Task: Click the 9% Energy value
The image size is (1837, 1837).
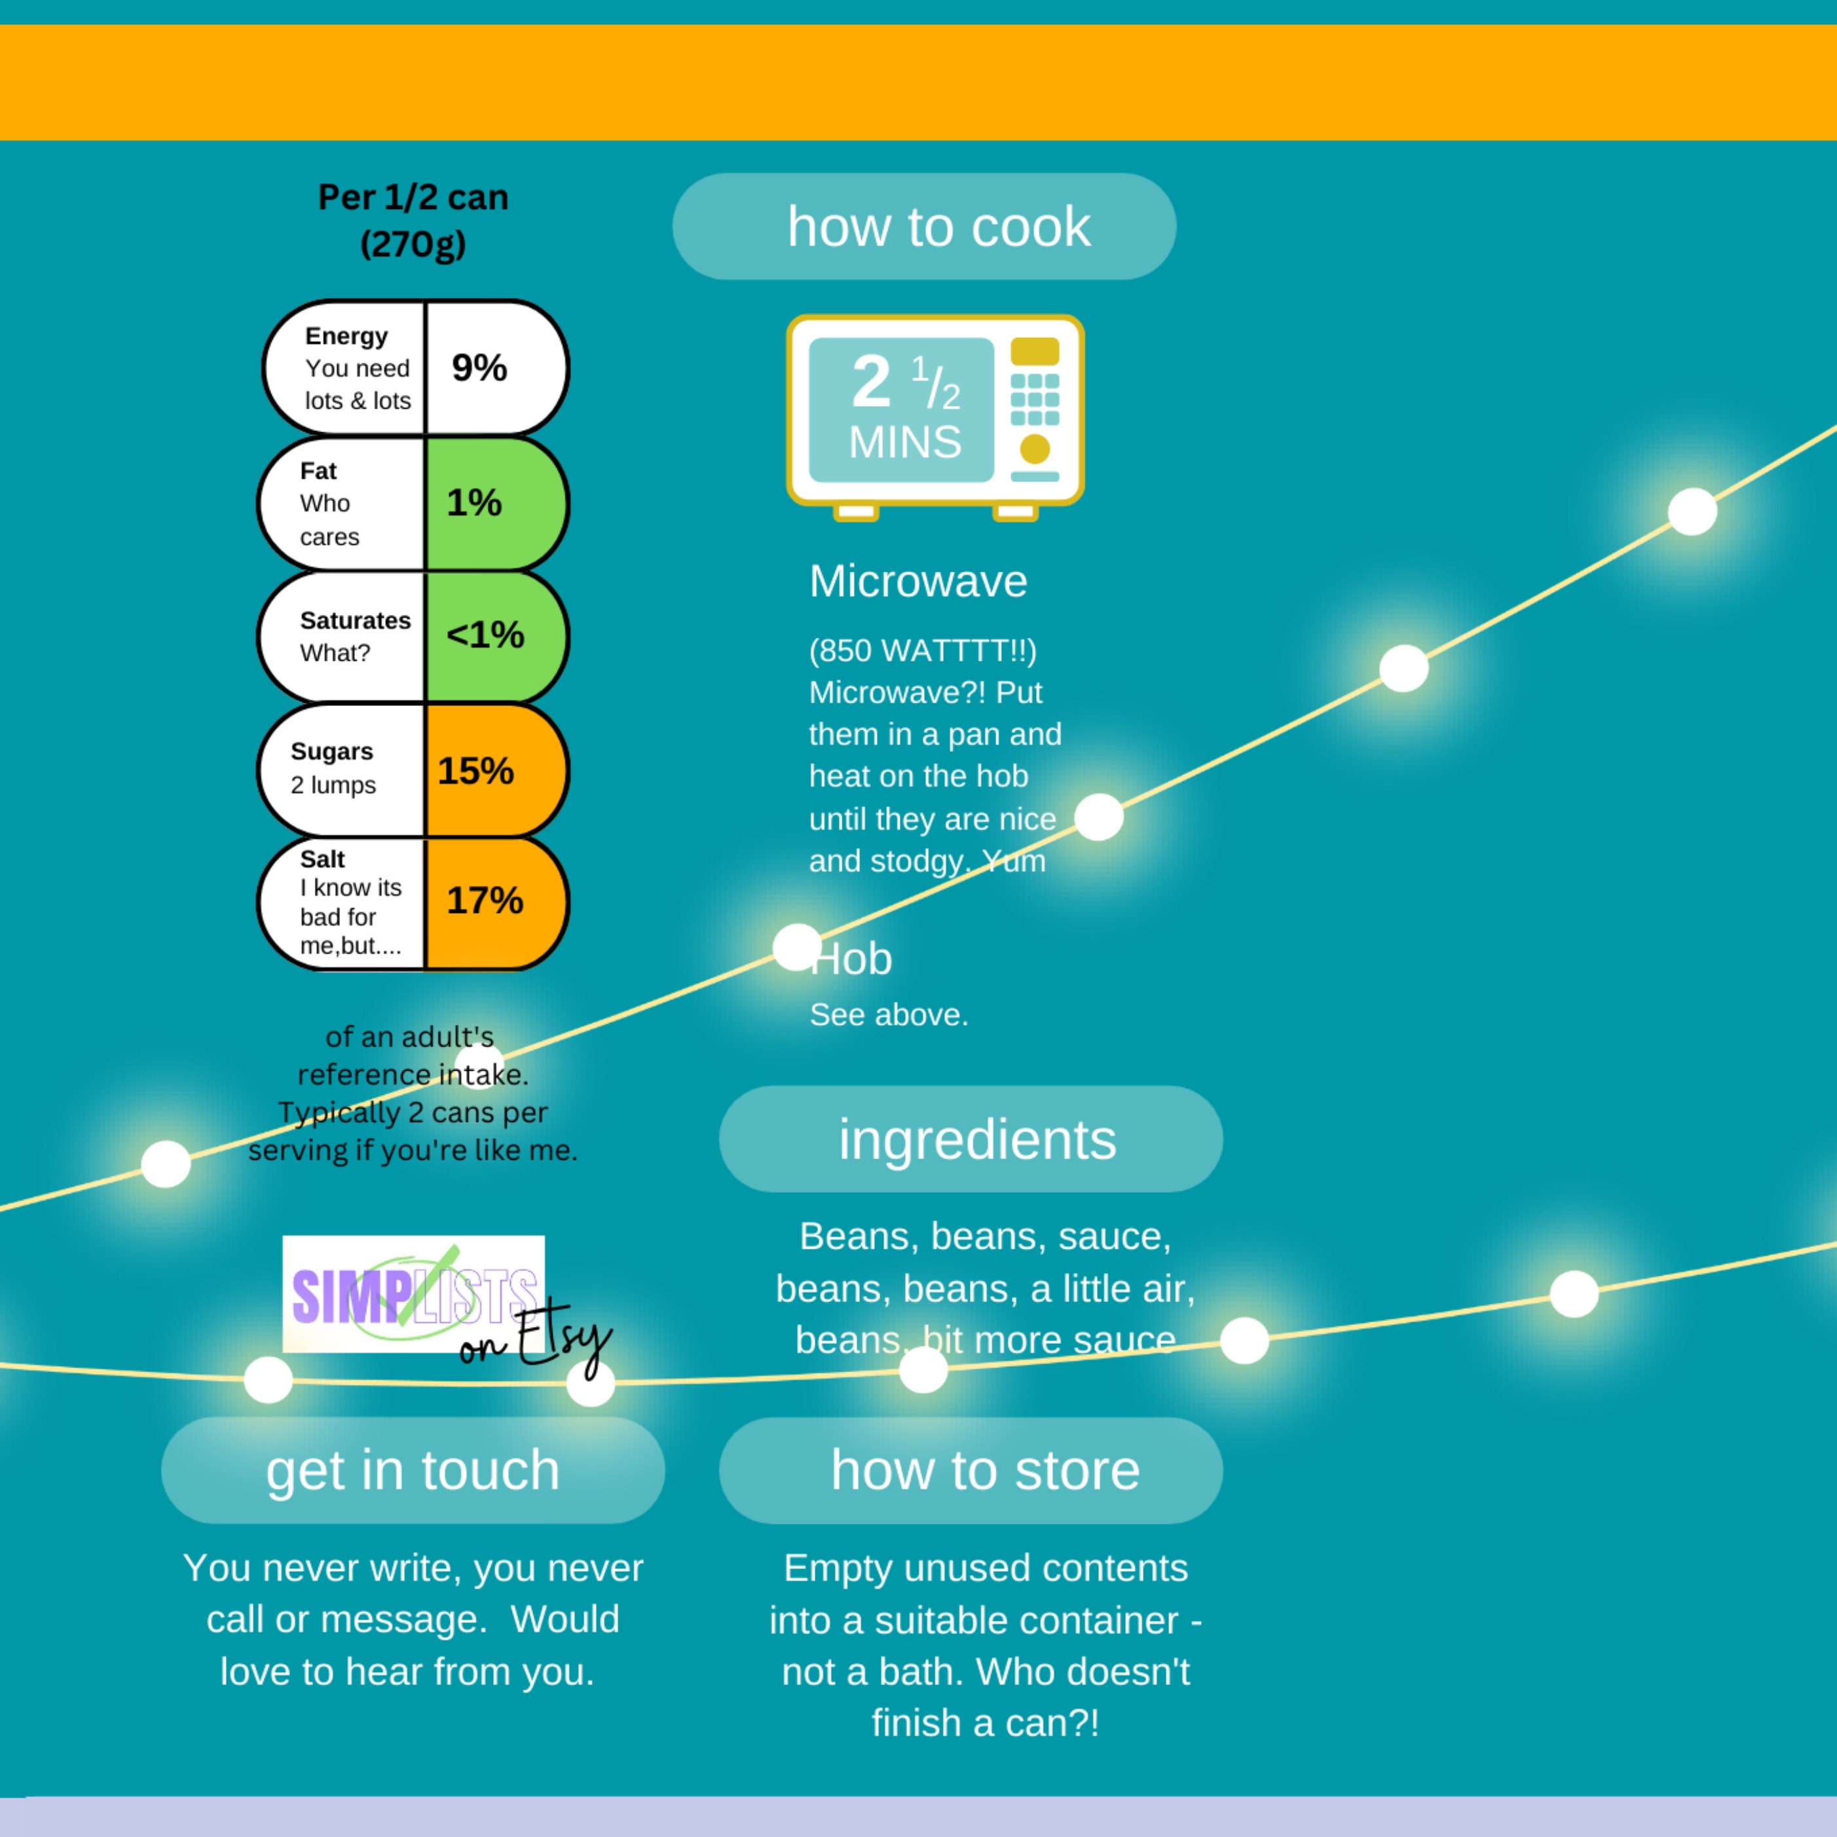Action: click(479, 368)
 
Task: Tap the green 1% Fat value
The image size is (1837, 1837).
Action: click(474, 503)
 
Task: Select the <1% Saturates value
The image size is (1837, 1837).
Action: click(485, 635)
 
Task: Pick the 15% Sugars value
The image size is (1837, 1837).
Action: click(475, 771)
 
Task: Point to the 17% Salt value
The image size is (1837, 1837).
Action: click(485, 900)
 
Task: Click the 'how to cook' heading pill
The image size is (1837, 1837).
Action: click(924, 227)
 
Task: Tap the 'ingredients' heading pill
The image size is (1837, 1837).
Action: click(971, 1139)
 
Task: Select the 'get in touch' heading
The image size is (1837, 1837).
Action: click(413, 1470)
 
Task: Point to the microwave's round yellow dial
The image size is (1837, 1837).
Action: click(1035, 449)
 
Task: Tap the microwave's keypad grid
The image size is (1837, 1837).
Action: click(1035, 398)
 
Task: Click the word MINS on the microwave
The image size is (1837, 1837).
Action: click(905, 442)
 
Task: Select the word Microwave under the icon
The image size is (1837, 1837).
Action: click(918, 581)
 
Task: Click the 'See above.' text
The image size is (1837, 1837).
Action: click(889, 1014)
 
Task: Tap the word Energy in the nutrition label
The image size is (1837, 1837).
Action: click(346, 337)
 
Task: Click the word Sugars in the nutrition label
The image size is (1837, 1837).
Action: click(332, 751)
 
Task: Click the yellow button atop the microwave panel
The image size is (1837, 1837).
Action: click(1035, 351)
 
